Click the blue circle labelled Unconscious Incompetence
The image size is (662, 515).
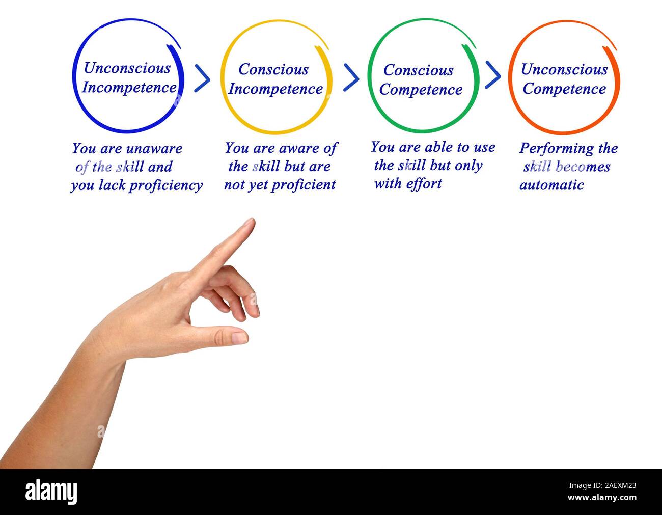127,76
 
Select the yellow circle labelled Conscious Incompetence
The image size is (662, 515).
275,77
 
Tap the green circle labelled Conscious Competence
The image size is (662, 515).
422,77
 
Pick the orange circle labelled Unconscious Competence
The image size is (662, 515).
564,77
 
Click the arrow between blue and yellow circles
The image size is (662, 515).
202,78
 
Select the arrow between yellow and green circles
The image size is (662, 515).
351,77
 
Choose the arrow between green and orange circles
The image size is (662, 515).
492,75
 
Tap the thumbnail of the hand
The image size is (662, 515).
239,338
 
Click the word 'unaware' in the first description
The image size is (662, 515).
154,149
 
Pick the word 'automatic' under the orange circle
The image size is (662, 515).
551,185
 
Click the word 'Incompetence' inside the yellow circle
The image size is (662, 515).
275,89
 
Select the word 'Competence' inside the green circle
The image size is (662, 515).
421,90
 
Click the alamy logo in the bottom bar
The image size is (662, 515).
51,492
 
